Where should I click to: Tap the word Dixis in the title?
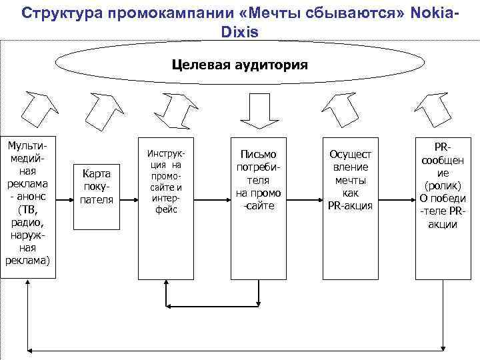click(x=240, y=31)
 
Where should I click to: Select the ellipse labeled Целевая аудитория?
click(x=240, y=65)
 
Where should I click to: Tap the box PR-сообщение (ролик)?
click(x=442, y=186)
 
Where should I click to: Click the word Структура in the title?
click(x=57, y=13)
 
